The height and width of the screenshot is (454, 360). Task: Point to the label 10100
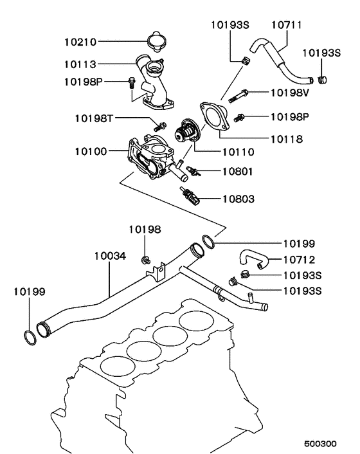pos(91,152)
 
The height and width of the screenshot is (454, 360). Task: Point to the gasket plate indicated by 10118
pos(214,116)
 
